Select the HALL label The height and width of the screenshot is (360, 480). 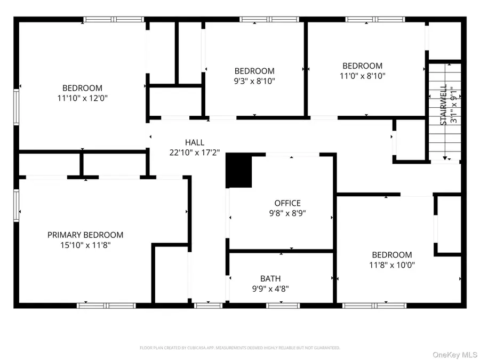(x=194, y=142)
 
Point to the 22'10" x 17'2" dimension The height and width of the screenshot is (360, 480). (x=194, y=153)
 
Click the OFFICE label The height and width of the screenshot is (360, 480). (x=287, y=203)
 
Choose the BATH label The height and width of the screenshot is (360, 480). (x=270, y=278)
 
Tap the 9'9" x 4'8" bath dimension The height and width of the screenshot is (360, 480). (x=270, y=289)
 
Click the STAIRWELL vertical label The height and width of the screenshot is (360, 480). (x=443, y=105)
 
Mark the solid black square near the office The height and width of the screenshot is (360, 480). (x=238, y=171)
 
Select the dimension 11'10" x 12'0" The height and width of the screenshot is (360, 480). (x=82, y=98)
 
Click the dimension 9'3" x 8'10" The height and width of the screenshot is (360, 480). (x=254, y=81)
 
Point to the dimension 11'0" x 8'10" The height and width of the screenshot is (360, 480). (x=362, y=76)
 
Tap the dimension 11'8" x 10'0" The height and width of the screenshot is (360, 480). (x=392, y=265)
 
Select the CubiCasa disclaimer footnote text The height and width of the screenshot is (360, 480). (x=239, y=348)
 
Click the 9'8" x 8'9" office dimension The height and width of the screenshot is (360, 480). (x=287, y=213)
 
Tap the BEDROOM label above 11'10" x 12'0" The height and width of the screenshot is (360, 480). (x=82, y=88)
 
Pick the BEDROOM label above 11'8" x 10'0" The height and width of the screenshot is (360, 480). (x=392, y=255)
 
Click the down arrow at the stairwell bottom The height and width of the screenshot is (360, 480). (x=444, y=158)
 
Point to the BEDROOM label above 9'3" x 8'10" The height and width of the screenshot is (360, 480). (x=254, y=71)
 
